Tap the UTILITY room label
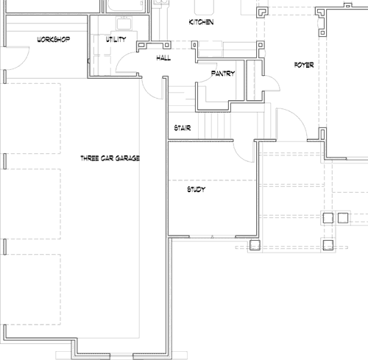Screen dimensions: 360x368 point(116,39)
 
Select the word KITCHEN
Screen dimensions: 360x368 point(201,23)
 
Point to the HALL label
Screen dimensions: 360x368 point(163,57)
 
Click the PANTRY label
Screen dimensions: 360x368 point(222,74)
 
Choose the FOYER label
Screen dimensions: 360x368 point(303,66)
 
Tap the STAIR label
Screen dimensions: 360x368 point(183,127)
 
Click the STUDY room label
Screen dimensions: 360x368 point(195,190)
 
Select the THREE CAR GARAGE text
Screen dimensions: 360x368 point(110,158)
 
